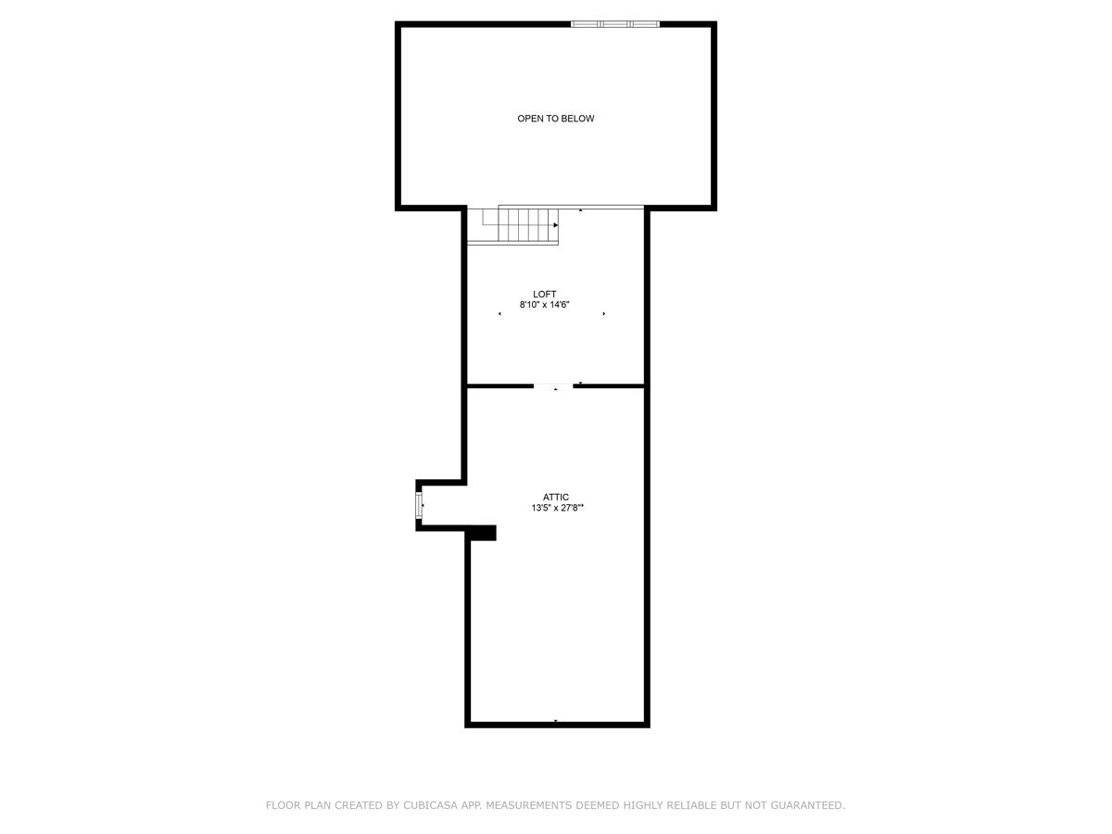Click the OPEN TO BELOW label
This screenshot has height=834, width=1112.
555,119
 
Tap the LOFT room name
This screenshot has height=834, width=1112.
544,294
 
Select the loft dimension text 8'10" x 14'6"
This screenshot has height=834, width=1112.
544,305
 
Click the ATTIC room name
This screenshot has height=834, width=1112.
555,498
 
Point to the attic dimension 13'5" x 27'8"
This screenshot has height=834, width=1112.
557,508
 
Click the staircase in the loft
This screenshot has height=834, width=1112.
512,226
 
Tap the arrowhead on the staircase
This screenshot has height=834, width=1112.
556,225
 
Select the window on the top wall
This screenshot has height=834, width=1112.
615,24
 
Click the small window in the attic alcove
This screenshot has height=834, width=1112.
419,505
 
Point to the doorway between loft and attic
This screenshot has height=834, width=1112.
553,386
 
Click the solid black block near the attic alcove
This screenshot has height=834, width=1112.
480,533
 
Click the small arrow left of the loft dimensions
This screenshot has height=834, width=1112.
499,314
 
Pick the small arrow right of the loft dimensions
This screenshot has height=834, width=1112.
604,314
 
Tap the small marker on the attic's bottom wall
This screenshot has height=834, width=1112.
556,721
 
